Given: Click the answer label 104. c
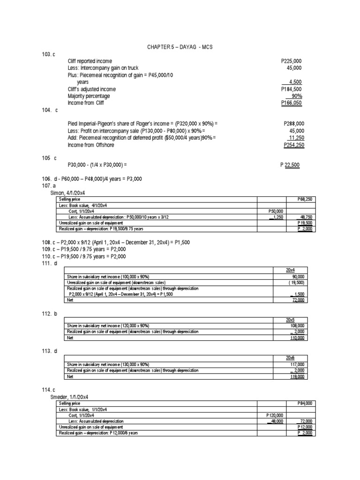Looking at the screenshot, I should (x=49, y=110).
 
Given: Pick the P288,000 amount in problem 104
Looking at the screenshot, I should (x=294, y=124).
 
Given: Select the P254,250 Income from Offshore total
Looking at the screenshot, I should (x=294, y=145).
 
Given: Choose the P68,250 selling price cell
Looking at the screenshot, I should (x=307, y=199).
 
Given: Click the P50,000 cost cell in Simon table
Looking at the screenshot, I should (x=273, y=211).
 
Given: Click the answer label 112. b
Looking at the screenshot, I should (x=49, y=314).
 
